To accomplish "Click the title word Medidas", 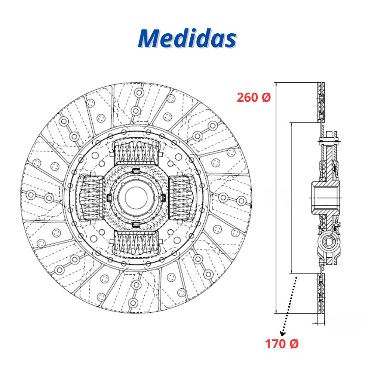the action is pyautogui.click(x=187, y=39).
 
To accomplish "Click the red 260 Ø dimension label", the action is pyautogui.click(x=254, y=97).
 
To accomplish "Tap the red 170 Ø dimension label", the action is pyautogui.click(x=282, y=344).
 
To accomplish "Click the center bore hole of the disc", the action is pyautogui.click(x=136, y=198).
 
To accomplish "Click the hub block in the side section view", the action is pyautogui.click(x=325, y=197).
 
